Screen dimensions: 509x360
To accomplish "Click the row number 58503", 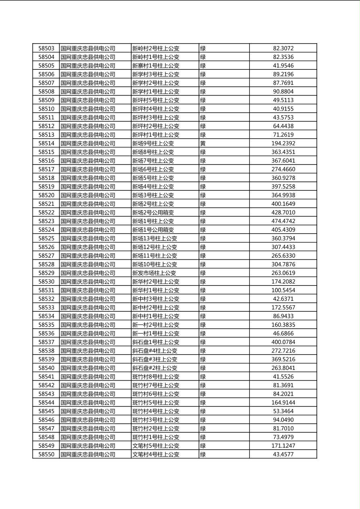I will [46, 48].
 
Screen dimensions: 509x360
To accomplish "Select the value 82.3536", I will [283, 57].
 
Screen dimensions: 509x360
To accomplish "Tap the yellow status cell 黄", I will [203, 144].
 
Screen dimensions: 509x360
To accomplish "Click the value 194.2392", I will [283, 144].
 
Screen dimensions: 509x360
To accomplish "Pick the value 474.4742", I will [283, 221].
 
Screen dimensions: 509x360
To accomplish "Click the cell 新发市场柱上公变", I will [154, 273].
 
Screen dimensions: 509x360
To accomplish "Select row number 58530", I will [46, 282].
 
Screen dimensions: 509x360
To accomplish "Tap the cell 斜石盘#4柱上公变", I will [155, 351].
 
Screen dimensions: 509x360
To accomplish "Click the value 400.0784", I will [283, 342].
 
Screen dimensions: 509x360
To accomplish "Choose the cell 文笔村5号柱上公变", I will [156, 446].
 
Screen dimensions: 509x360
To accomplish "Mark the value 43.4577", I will [283, 455].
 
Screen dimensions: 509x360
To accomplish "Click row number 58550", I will [46, 455].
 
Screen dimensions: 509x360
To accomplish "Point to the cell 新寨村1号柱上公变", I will [156, 66].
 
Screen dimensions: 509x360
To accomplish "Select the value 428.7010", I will [283, 213].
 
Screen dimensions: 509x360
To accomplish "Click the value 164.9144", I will [283, 403].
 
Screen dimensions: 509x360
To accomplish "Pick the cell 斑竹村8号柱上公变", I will [156, 377].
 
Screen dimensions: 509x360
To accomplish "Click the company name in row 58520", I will [88, 196].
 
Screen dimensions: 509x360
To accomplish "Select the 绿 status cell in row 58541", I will [203, 377].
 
